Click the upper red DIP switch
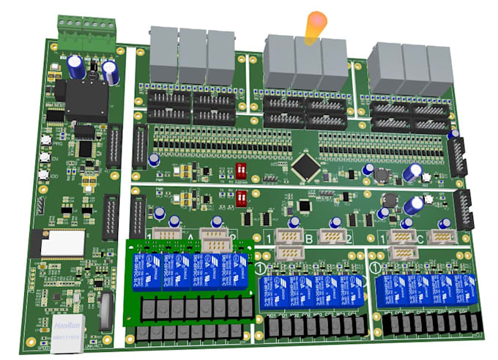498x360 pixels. (x=240, y=170)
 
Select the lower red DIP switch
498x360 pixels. (x=242, y=199)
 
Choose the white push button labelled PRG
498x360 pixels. (x=46, y=140)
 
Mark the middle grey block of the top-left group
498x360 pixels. (x=193, y=56)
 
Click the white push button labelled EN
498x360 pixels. (x=45, y=157)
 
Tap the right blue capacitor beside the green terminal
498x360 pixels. (x=110, y=72)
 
